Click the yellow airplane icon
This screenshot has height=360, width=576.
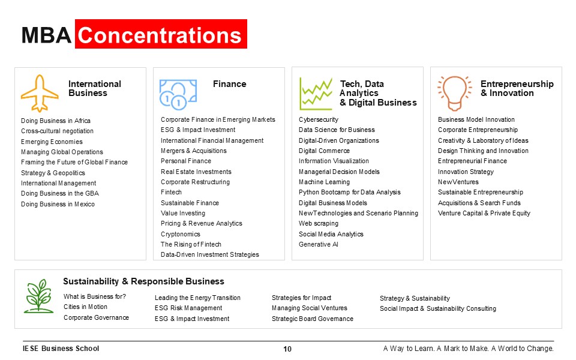40,94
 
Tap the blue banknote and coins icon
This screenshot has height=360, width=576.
178,95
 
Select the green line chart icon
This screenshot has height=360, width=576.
316,94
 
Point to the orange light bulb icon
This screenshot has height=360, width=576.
454,94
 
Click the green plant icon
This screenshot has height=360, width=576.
38,296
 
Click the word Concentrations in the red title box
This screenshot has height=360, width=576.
160,35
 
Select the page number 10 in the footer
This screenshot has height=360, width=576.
287,349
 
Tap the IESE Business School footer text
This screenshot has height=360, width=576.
61,348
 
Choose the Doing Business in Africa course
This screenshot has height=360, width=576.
55,121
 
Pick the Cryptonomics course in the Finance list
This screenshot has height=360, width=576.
181,234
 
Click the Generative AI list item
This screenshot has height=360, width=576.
319,244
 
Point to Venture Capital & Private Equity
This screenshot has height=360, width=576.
484,213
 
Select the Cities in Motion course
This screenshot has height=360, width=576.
85,307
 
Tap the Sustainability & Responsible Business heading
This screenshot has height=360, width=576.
143,281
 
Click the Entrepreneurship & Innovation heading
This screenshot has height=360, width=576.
517,89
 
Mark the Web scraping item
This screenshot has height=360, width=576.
319,223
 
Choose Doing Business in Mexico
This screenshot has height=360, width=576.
58,204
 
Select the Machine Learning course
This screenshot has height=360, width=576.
324,182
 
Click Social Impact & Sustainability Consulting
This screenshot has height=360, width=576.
438,308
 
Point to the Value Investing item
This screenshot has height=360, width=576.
183,213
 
